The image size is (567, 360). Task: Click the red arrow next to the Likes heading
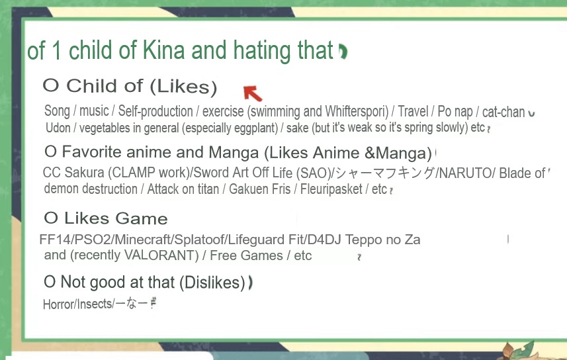tap(252, 93)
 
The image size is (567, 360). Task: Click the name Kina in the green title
tap(164, 50)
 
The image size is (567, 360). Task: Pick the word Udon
tap(58, 128)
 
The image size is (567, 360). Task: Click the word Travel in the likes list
tap(413, 111)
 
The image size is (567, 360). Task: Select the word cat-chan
tap(503, 112)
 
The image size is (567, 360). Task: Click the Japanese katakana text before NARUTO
tap(385, 173)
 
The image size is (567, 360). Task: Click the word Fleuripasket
tap(331, 189)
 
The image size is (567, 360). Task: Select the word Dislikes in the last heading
tap(215, 282)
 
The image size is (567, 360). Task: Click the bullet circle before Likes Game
tap(51, 218)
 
